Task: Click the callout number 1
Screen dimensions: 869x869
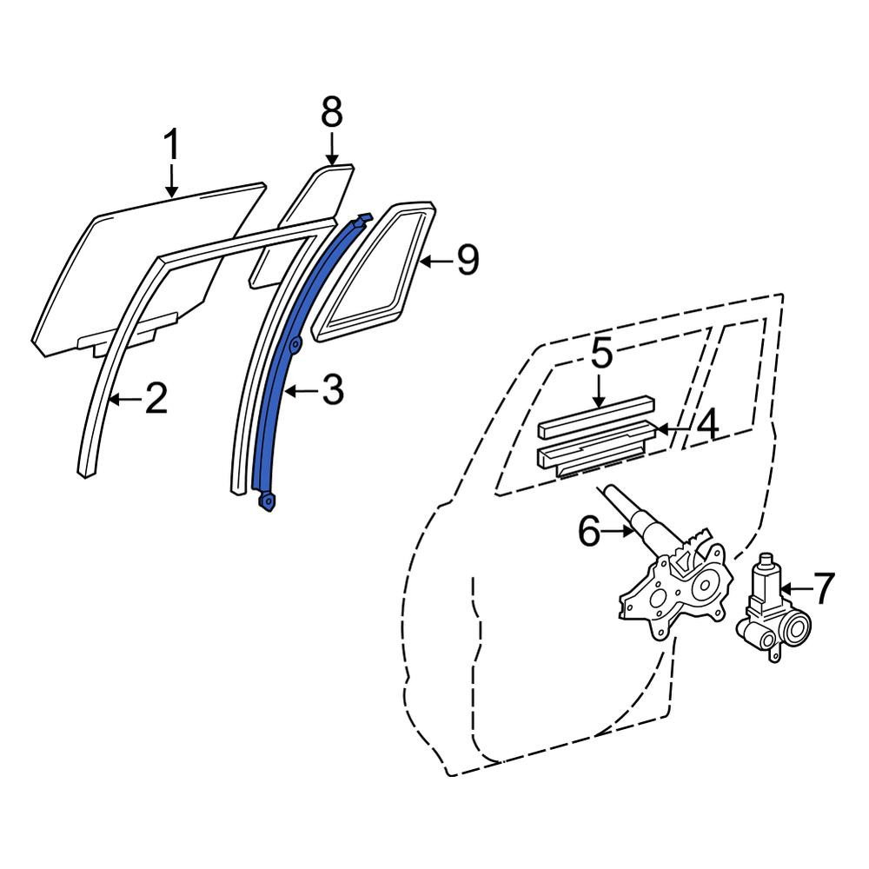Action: click(172, 144)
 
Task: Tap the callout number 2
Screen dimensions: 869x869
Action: click(156, 399)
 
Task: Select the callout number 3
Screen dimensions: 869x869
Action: click(333, 389)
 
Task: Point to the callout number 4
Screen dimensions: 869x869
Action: click(707, 425)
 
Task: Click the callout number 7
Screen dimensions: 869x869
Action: click(823, 588)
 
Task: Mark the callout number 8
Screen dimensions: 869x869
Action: click(332, 112)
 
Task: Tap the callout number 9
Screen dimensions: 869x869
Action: click(468, 261)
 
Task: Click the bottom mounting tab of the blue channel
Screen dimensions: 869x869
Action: click(268, 501)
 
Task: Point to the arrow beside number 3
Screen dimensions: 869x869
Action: click(303, 391)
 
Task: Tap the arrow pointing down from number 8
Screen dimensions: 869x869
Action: click(331, 148)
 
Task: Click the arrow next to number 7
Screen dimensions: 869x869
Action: click(796, 587)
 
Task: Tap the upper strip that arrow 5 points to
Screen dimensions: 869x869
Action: click(595, 416)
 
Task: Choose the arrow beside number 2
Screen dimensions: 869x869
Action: click(126, 399)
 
